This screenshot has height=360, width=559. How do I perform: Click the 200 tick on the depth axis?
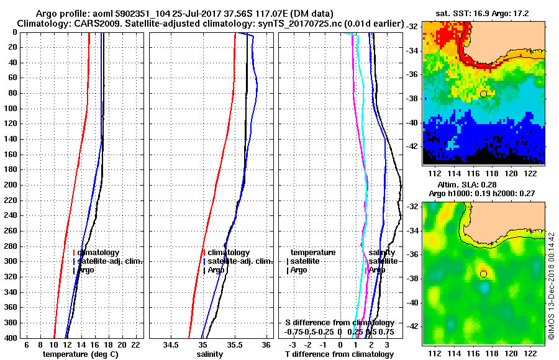12,185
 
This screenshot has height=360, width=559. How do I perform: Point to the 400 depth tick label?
12,337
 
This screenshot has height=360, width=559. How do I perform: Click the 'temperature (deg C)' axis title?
80,354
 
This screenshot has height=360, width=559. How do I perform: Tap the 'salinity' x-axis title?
209,354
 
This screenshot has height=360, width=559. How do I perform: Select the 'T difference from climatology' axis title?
339,354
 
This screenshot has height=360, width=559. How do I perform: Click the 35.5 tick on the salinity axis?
234,344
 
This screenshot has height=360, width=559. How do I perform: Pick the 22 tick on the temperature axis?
135,344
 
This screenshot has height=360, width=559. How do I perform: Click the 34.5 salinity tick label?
171,344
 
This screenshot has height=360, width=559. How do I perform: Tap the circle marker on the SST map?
483,94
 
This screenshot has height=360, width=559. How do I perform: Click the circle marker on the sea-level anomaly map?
483,274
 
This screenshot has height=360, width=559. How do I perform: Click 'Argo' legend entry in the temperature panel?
87,270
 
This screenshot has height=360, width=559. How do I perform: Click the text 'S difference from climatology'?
340,323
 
